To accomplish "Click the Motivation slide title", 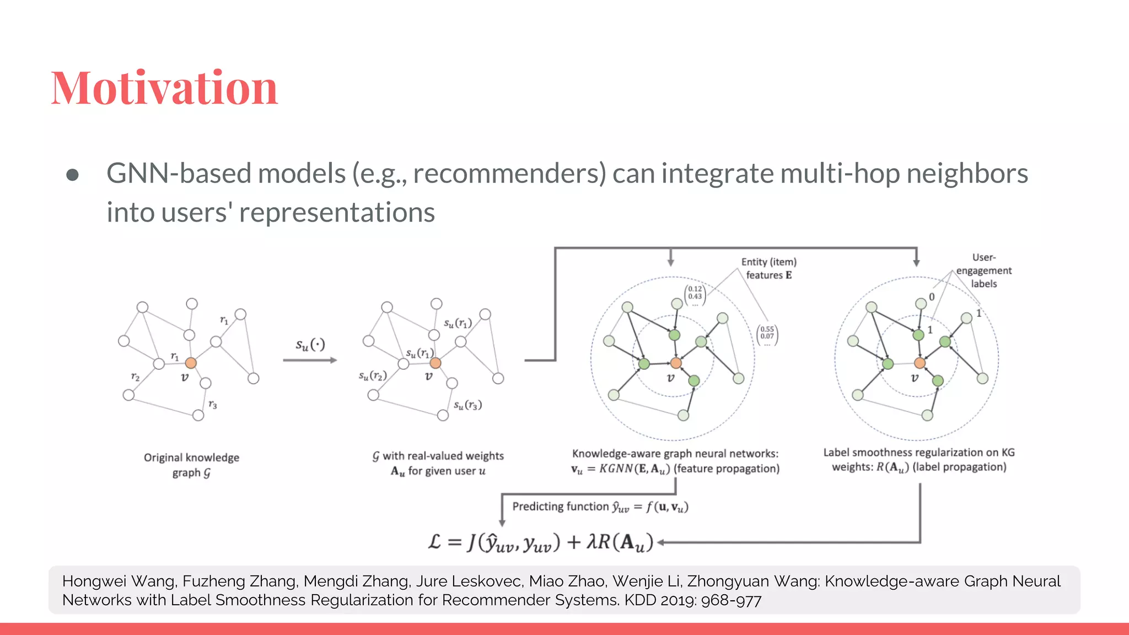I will [x=164, y=88].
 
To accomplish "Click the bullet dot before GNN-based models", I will [x=72, y=175].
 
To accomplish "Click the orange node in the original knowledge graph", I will [x=191, y=363].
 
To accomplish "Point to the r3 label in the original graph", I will [x=213, y=405].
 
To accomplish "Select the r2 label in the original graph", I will [x=135, y=376].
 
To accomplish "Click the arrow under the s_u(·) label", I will [x=310, y=360].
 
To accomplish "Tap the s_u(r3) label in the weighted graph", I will [x=467, y=405].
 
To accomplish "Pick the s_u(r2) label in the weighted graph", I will [x=373, y=376].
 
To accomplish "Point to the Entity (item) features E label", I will [x=768, y=268].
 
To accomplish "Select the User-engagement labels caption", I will [x=984, y=271].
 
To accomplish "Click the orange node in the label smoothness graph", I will [x=920, y=363].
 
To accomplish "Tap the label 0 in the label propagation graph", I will [x=932, y=297].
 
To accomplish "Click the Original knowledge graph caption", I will [x=191, y=465].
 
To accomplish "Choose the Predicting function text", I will [x=600, y=507].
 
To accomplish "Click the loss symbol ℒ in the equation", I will [x=435, y=542].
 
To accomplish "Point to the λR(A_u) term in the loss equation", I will [x=620, y=542].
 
